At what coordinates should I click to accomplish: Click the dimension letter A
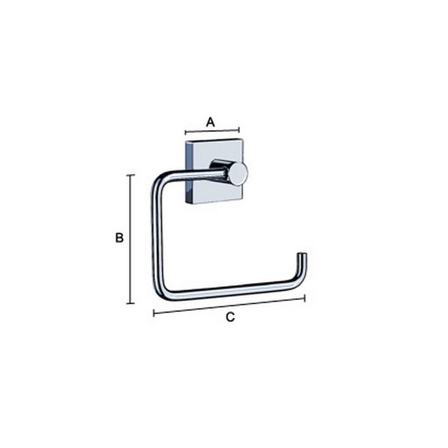click(x=211, y=121)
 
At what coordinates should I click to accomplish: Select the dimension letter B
click(x=119, y=238)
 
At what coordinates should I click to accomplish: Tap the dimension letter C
click(x=230, y=317)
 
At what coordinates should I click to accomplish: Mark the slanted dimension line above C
click(x=229, y=306)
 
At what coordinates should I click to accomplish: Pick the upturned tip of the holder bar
click(x=302, y=258)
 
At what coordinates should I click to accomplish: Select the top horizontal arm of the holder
click(x=193, y=176)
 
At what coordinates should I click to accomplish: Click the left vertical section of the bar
click(x=156, y=235)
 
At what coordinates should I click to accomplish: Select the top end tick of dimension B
click(x=131, y=175)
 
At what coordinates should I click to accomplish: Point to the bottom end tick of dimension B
click(x=131, y=303)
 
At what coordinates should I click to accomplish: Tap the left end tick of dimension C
click(x=154, y=313)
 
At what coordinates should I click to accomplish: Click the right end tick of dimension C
click(x=305, y=298)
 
